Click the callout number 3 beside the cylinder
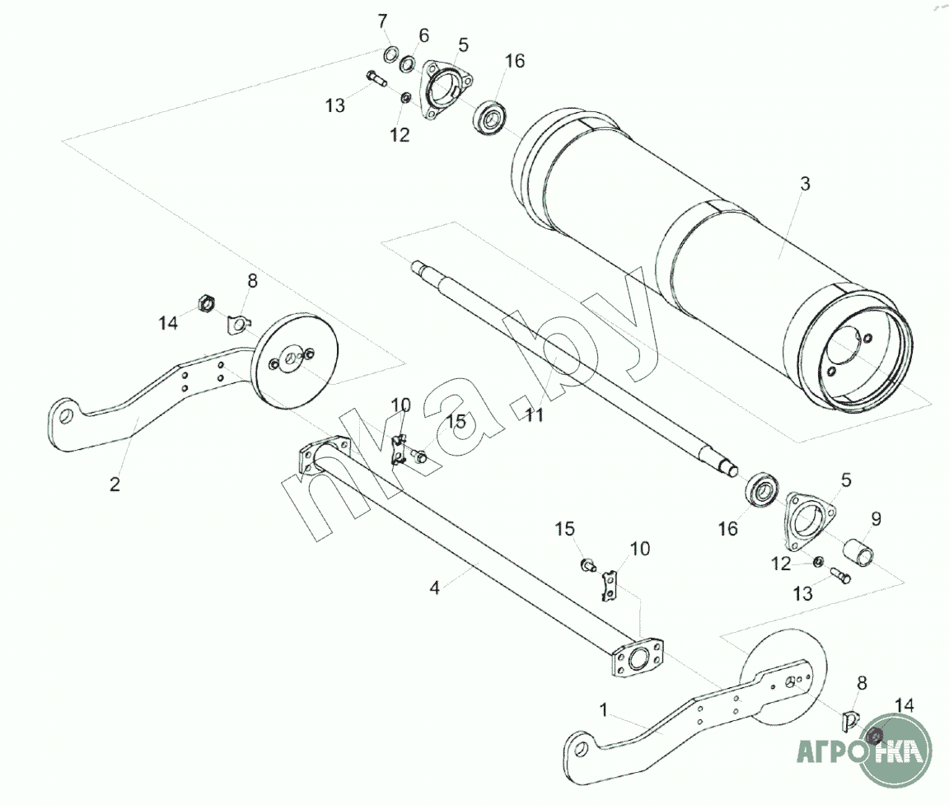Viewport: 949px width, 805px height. pos(804,184)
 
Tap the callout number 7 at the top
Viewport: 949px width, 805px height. pos(382,21)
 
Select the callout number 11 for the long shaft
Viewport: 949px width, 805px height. pos(535,415)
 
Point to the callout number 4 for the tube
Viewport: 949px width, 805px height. pos(435,587)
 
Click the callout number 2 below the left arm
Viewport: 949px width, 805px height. pos(115,484)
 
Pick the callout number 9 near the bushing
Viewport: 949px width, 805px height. pos(876,519)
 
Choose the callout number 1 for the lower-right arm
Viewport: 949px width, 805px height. pos(603,710)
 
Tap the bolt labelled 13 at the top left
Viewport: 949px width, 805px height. pos(376,78)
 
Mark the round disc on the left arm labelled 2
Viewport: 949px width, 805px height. pos(296,361)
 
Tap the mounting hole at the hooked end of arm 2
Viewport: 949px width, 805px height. pos(67,416)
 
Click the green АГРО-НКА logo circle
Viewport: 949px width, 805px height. pos(894,750)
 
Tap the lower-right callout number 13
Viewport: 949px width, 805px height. pos(802,594)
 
